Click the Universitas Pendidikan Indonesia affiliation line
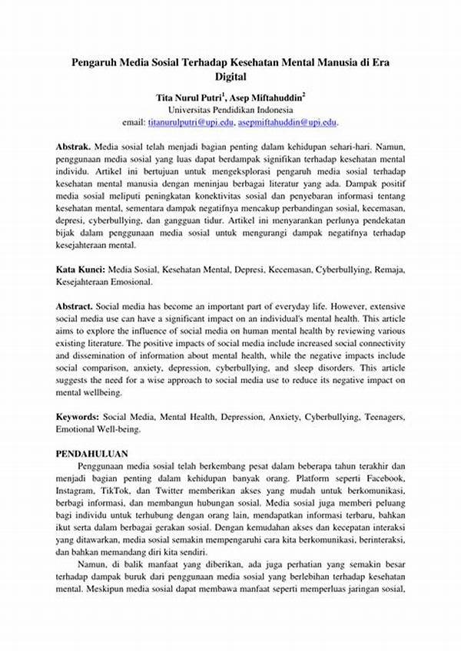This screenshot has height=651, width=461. tap(230, 110)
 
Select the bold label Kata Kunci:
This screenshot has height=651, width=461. tap(81, 271)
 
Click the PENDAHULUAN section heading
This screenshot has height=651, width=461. tap(92, 454)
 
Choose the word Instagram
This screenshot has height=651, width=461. tap(78, 491)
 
